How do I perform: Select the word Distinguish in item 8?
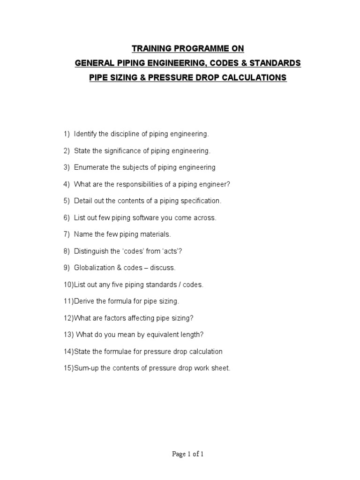pyautogui.click(x=91, y=251)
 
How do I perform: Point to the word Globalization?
pyautogui.click(x=94, y=268)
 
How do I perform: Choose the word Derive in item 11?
pyautogui.click(x=82, y=301)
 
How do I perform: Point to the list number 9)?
pyautogui.click(x=67, y=268)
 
